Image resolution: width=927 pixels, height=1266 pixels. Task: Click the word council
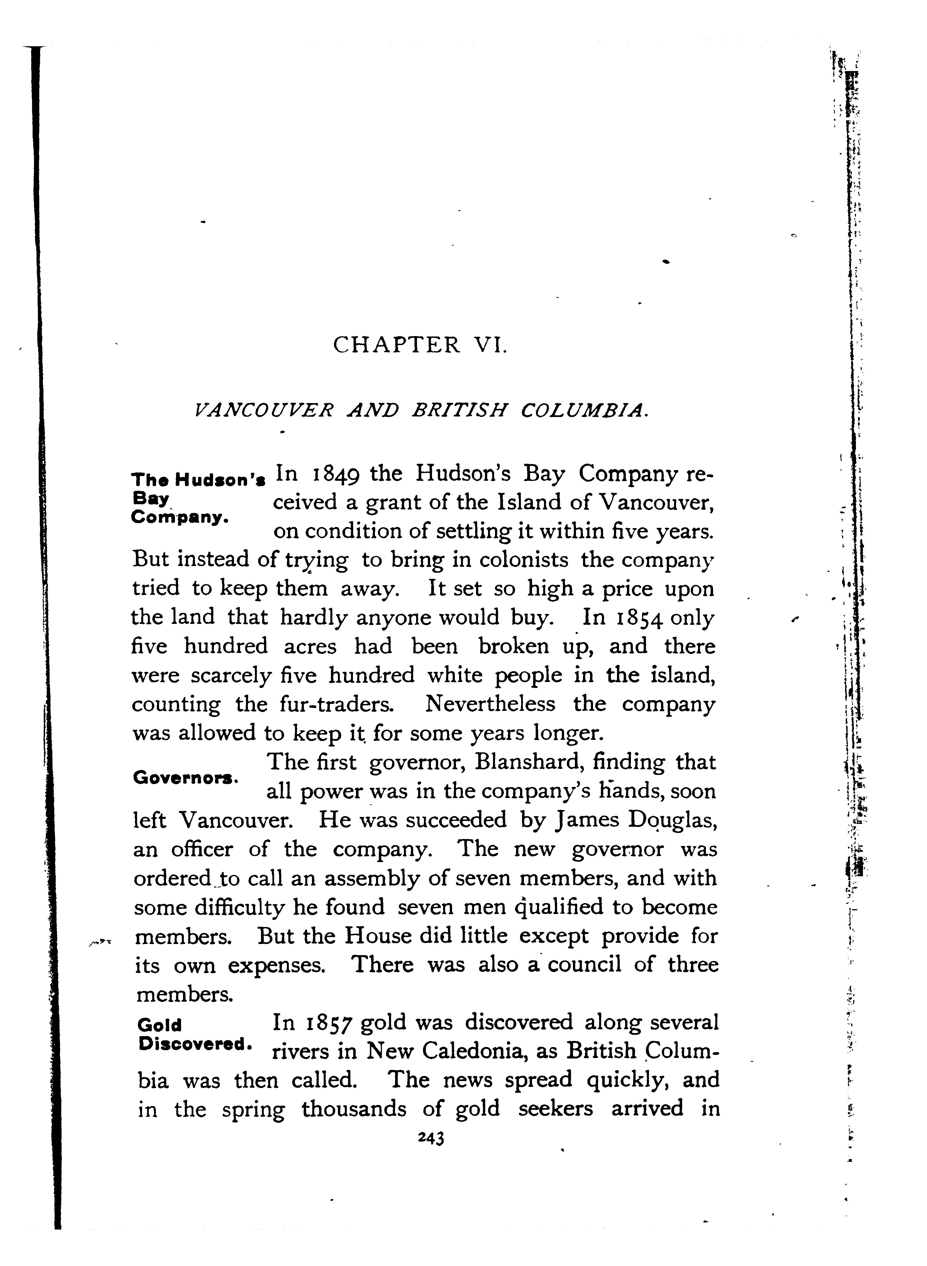(585, 964)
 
